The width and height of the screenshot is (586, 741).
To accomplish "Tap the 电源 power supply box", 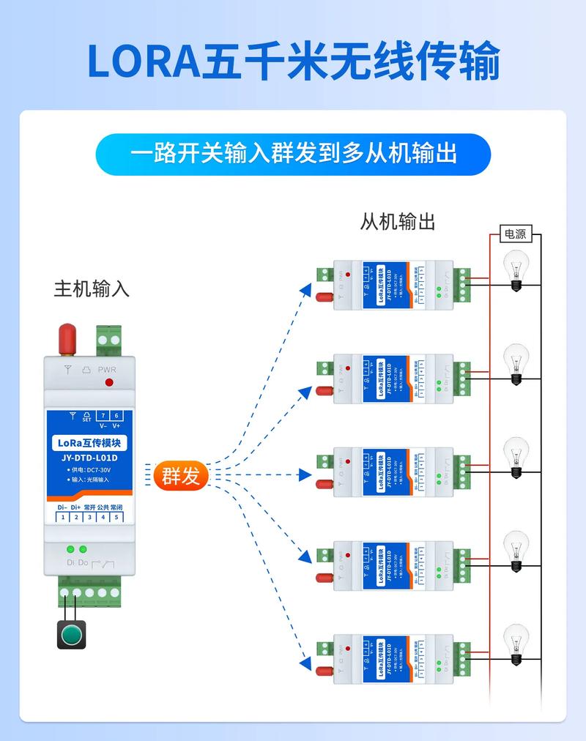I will click(x=515, y=234).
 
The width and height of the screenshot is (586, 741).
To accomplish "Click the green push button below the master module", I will click(x=72, y=634).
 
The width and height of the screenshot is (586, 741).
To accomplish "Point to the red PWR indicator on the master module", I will click(x=109, y=382).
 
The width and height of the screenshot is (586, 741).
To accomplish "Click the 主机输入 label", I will click(x=92, y=288).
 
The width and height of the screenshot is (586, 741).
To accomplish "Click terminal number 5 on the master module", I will click(x=115, y=518).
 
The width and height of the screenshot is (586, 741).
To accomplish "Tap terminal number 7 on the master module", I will click(x=103, y=415).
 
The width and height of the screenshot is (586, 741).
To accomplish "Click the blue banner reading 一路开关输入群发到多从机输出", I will click(x=293, y=154).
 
